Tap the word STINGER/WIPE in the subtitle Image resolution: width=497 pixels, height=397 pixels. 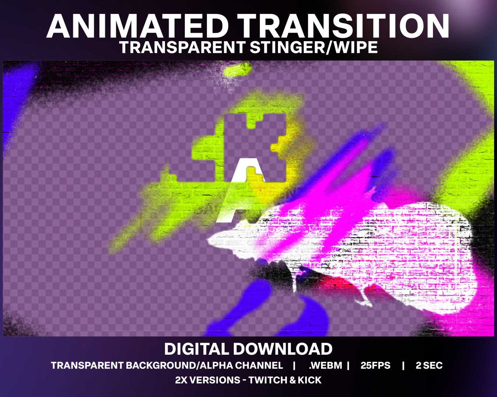point(314,47)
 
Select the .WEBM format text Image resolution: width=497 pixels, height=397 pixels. point(325,365)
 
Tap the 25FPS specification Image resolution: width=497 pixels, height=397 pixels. point(375,365)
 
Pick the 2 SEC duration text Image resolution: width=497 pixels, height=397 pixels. point(429,365)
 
